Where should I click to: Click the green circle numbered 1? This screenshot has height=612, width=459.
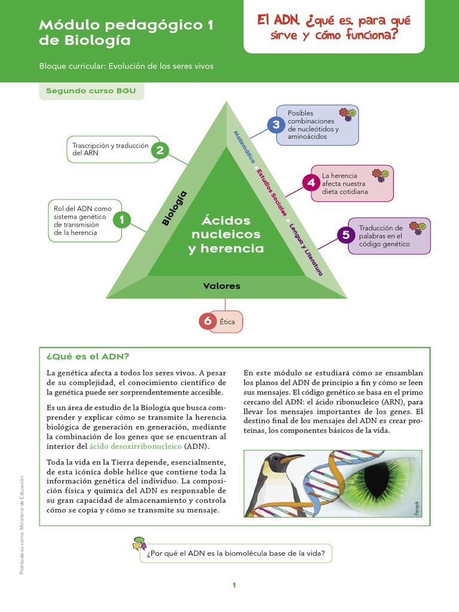122,220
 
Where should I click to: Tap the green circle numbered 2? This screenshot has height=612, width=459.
160,150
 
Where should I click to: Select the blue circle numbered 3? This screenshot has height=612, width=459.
276,124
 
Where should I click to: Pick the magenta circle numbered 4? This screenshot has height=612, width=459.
311,182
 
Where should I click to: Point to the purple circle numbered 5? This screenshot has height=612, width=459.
346,235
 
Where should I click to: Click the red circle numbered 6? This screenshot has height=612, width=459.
208,322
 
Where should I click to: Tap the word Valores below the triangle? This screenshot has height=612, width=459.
222,286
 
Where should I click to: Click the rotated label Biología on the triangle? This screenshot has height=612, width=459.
175,208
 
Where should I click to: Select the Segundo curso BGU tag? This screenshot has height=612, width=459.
91,91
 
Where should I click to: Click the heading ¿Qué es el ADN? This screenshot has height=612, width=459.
88,356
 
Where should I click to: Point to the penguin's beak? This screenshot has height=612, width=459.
292,459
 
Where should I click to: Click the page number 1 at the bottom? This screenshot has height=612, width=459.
235,585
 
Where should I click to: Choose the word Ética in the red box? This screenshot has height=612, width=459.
228,323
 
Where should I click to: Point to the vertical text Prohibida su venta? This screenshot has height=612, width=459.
22,562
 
